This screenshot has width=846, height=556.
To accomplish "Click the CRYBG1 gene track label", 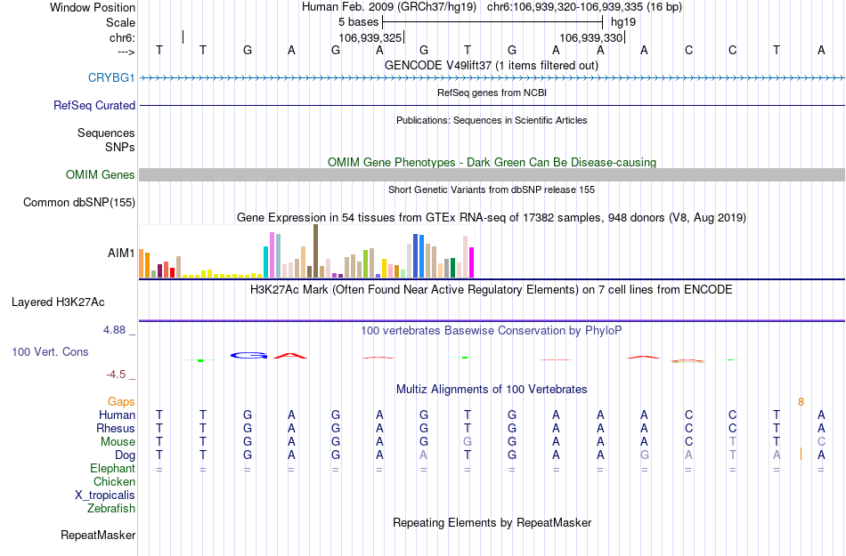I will click(111, 78).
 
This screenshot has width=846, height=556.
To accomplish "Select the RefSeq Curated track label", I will click(94, 106).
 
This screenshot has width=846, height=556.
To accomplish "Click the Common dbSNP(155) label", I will click(79, 203).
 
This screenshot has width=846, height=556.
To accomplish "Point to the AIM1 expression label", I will click(121, 254).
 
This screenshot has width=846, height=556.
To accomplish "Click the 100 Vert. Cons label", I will click(50, 352).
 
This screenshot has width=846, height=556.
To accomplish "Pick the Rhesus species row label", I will click(116, 429).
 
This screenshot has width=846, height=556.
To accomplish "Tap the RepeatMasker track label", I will click(98, 536).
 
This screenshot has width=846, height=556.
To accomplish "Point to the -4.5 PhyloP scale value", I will click(119, 375).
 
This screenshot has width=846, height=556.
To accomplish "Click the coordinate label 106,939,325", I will click(370, 38).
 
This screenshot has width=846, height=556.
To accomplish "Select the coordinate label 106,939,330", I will click(591, 38).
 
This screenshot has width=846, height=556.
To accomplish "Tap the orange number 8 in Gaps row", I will click(801, 402).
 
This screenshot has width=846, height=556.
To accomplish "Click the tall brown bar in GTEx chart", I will click(315, 251).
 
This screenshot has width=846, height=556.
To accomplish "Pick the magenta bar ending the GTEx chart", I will click(472, 262).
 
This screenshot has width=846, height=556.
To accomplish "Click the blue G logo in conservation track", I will click(248, 355).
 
